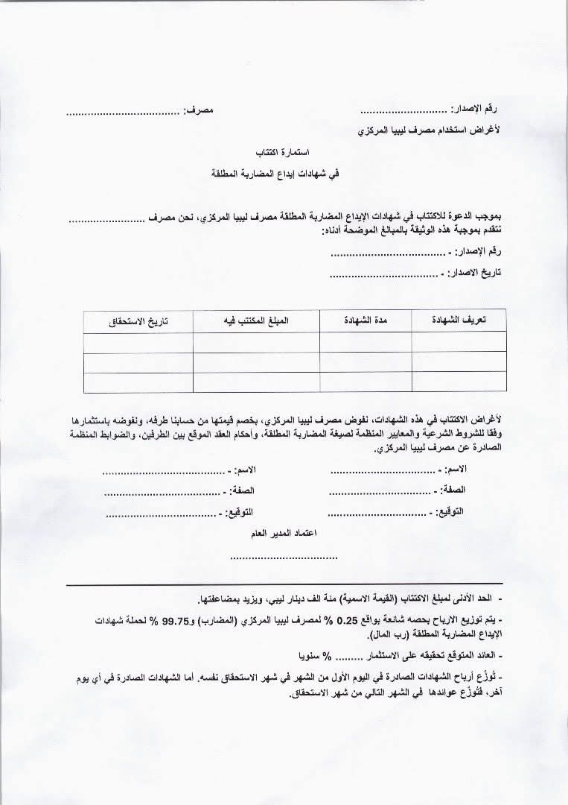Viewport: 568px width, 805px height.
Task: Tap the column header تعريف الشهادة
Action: pos(459,320)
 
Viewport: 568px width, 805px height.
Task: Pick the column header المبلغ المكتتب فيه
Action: pos(256,321)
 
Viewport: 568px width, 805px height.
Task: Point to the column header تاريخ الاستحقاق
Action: pos(138,321)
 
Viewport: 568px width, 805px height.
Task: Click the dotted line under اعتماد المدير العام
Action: pos(284,557)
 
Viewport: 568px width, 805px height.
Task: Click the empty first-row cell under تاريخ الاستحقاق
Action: pos(138,343)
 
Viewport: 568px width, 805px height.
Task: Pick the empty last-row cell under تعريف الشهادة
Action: pos(459,382)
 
